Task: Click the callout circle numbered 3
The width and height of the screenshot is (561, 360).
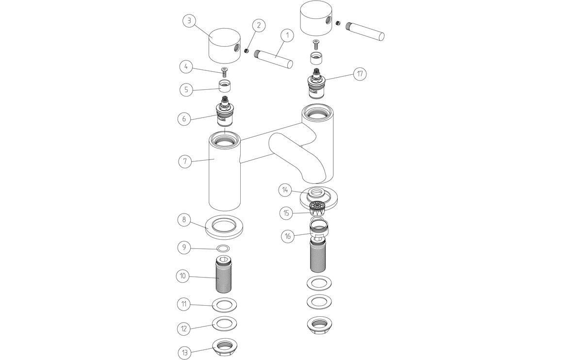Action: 189,21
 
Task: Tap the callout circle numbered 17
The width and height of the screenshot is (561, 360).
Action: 360,74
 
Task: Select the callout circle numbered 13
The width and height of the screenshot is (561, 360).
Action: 184,352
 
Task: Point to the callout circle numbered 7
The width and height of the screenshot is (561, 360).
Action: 184,162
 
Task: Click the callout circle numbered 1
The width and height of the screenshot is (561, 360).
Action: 287,35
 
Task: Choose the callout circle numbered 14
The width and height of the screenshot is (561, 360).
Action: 286,190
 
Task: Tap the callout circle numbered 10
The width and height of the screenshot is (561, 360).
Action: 182,276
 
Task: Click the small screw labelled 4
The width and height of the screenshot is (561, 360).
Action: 224,73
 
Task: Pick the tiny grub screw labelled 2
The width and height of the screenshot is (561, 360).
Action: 247,51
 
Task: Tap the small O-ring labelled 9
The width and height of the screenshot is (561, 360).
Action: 223,248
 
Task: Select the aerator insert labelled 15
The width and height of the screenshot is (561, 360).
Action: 318,209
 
